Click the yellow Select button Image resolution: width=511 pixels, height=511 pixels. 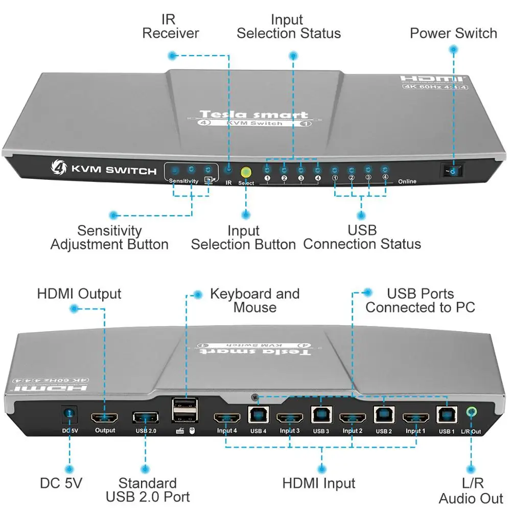246,172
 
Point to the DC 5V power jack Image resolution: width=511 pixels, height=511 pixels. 68,414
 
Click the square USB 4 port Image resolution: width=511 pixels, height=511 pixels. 257,414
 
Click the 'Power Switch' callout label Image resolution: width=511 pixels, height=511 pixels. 453,34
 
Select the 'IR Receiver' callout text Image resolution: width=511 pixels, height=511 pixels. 170,27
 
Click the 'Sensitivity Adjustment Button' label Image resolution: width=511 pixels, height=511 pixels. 109,238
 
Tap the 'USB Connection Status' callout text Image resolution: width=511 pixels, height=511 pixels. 362,237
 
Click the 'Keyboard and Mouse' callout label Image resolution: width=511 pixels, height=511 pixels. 254,300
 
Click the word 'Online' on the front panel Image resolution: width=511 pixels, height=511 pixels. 407,181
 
